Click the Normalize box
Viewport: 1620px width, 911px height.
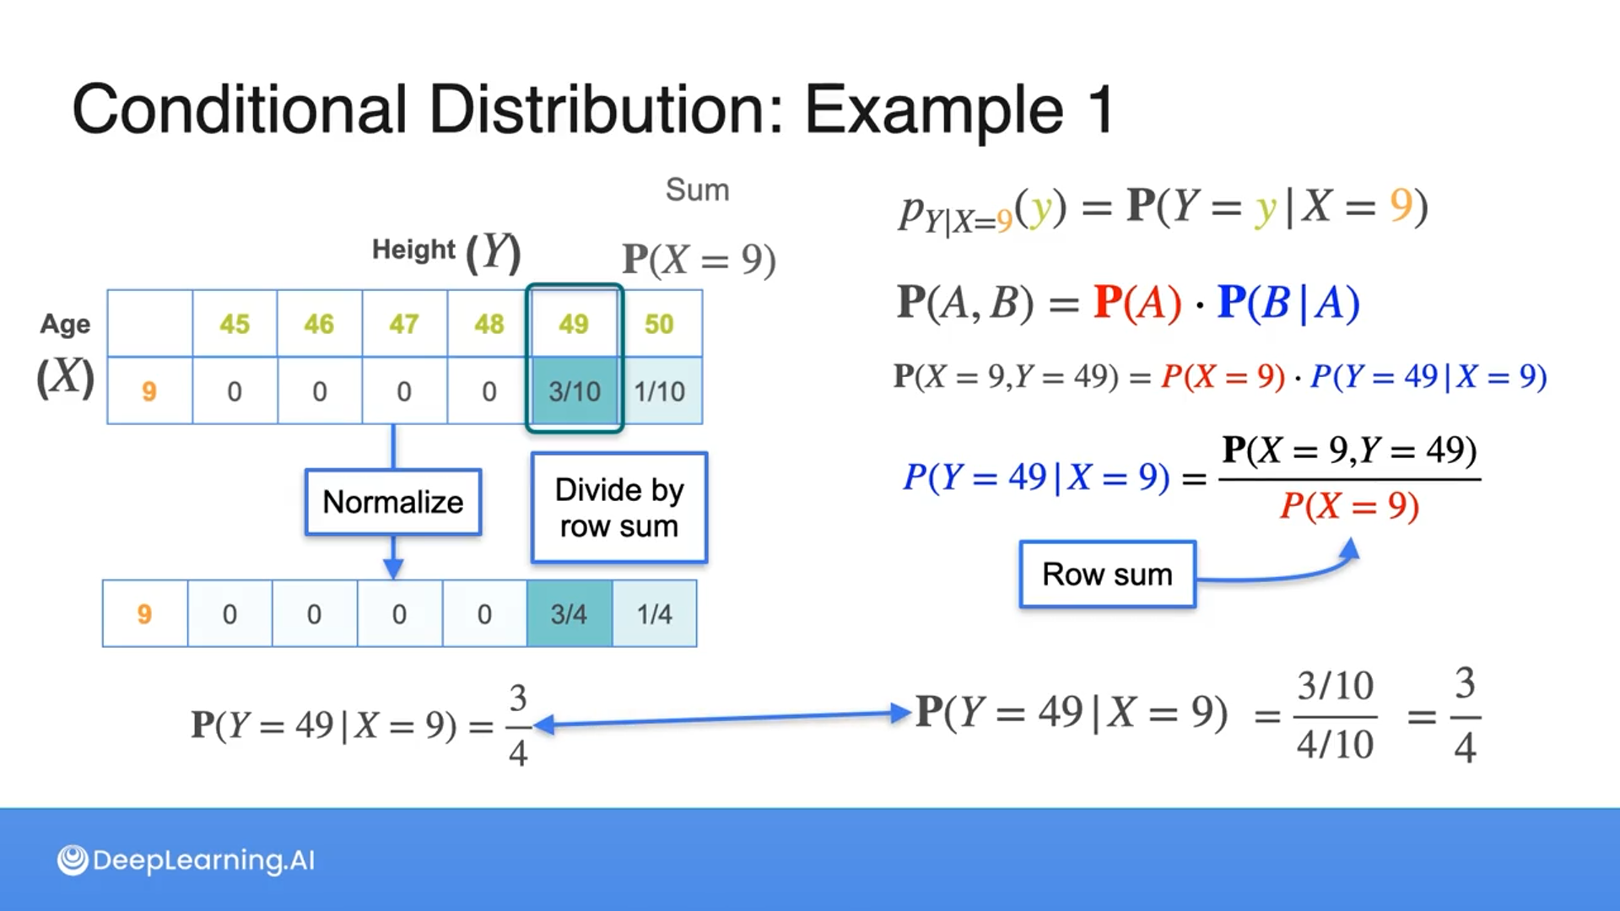tap(393, 502)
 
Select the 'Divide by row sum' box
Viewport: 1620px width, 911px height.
tap(618, 508)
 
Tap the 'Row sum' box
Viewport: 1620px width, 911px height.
tap(1107, 574)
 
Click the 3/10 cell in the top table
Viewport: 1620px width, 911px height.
tap(575, 391)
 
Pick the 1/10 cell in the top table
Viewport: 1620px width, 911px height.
tap(660, 391)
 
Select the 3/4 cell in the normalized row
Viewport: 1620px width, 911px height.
tap(569, 614)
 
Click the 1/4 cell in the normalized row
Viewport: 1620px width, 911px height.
tap(654, 614)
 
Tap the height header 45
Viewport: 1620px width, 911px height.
tap(235, 324)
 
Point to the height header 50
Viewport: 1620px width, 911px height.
tap(659, 324)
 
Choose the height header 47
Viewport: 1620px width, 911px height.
tap(404, 324)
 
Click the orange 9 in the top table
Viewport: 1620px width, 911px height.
tap(149, 391)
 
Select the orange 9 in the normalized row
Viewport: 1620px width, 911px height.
tap(144, 614)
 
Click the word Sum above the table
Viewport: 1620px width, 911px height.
tap(697, 190)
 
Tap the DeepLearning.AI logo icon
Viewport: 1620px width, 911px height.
tap(73, 860)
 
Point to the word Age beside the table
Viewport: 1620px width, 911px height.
tap(65, 324)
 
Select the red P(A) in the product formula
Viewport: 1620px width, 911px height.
tap(1137, 302)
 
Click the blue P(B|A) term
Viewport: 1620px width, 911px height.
tap(1288, 302)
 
